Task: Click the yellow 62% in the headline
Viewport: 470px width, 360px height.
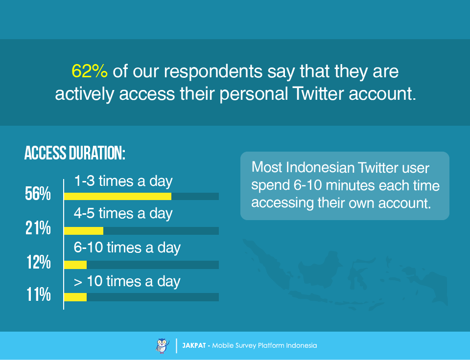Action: click(89, 71)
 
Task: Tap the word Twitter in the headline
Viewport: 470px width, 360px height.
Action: click(318, 93)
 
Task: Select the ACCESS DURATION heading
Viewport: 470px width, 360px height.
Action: click(74, 153)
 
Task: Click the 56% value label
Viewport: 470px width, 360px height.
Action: click(38, 194)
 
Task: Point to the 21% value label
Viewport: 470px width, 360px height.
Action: click(38, 228)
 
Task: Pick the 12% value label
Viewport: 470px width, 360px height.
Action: click(38, 262)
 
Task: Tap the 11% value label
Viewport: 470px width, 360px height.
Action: click(38, 294)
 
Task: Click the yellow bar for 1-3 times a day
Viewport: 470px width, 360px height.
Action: click(117, 196)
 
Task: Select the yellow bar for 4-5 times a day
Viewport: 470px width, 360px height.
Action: click(84, 230)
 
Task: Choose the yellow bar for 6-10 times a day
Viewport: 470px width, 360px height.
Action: click(75, 265)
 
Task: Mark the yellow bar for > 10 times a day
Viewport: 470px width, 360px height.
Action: click(75, 297)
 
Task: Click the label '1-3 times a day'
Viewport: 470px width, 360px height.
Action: click(123, 181)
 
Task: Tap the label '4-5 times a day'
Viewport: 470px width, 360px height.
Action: click(123, 214)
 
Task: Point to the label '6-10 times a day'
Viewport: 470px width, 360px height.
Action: click(127, 247)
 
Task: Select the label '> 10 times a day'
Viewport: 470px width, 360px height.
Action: click(127, 282)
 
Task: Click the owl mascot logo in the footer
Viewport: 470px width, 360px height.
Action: click(163, 346)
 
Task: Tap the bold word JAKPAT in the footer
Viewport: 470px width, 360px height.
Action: click(194, 346)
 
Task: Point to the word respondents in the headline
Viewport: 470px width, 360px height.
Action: click(213, 72)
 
